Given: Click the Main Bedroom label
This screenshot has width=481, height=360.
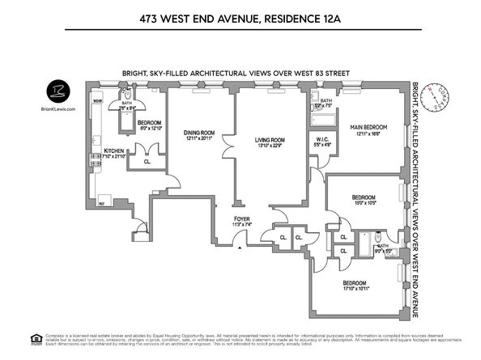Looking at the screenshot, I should click(x=368, y=128).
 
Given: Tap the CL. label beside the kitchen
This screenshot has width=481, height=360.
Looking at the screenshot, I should click(x=147, y=161).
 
